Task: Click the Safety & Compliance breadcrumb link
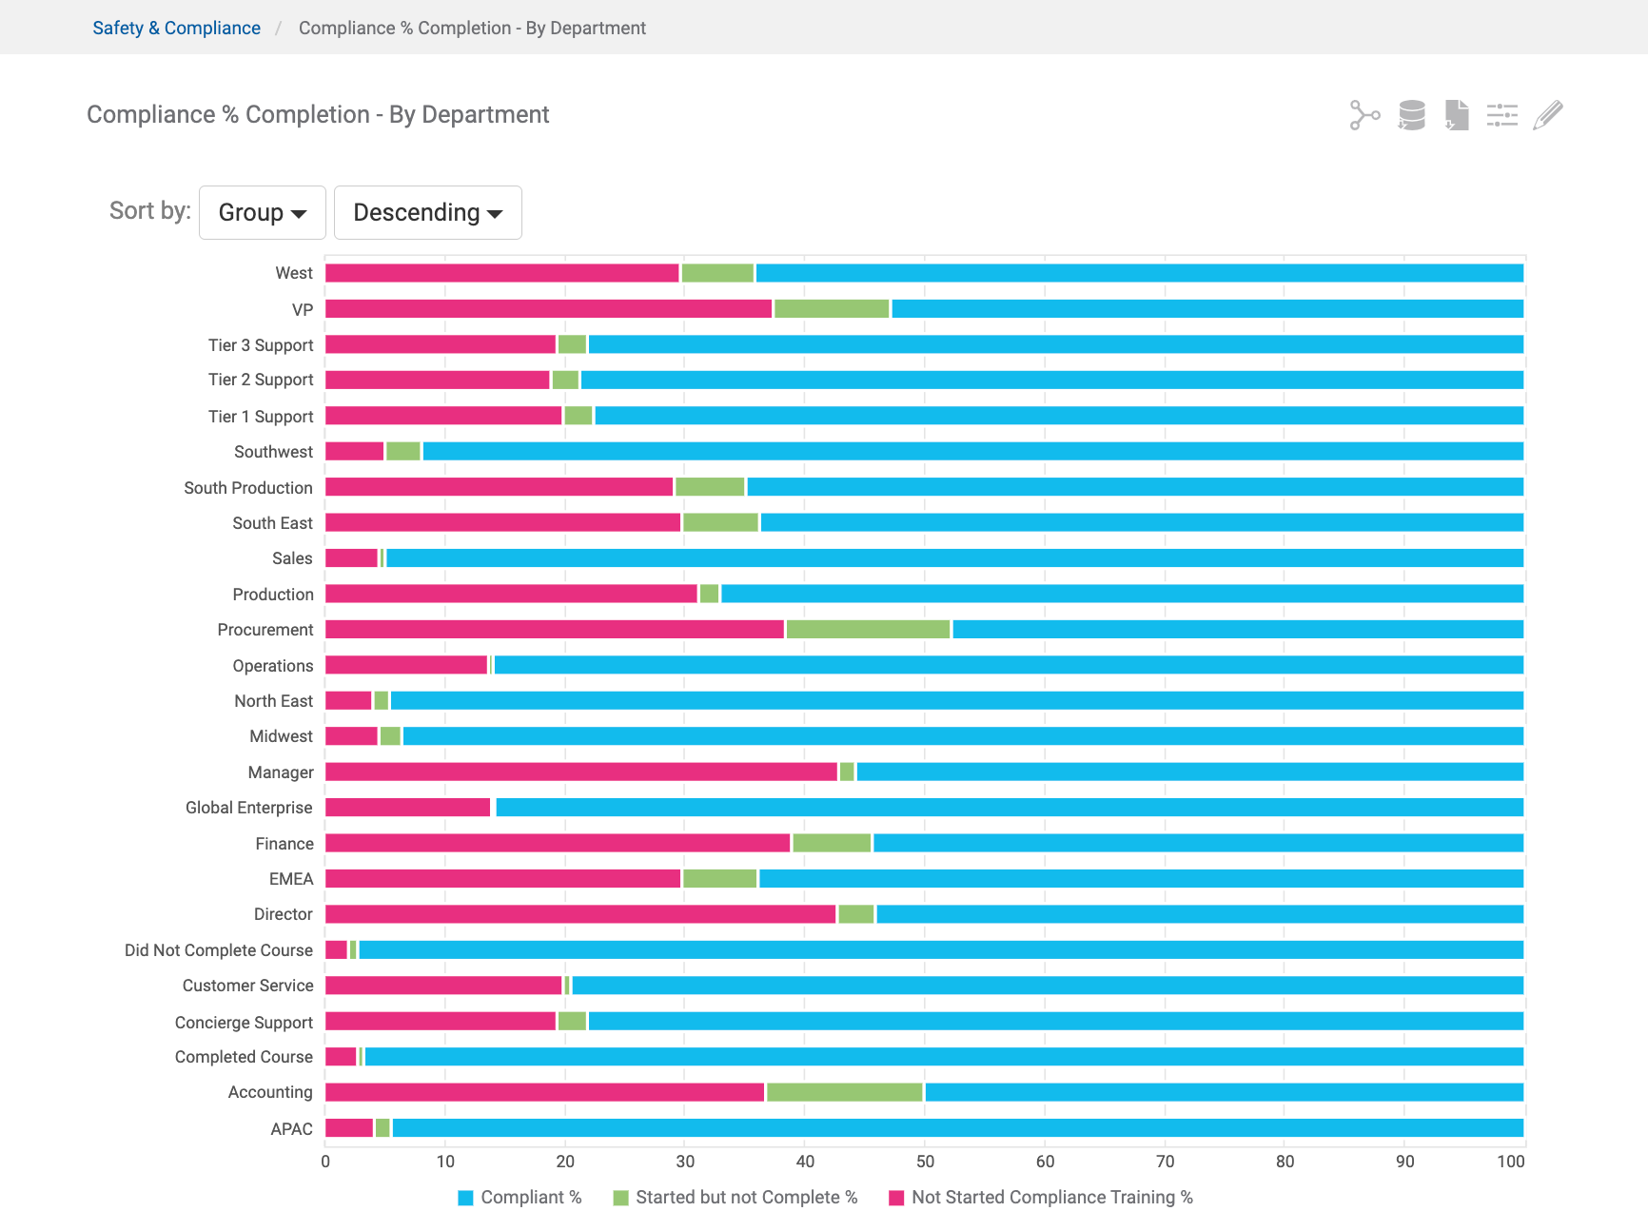[176, 28]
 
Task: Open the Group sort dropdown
[262, 212]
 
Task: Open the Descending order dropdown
[427, 212]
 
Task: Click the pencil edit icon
[1548, 115]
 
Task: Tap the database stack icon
[1411, 115]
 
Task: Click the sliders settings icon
[1501, 115]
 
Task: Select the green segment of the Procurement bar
[868, 629]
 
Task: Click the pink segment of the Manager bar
[580, 772]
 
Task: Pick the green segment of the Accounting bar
[844, 1092]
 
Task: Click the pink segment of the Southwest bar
[354, 451]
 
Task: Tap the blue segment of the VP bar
[1207, 308]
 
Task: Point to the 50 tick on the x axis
[925, 1161]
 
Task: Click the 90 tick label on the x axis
[1404, 1161]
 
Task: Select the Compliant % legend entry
[520, 1198]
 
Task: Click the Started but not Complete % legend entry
[736, 1198]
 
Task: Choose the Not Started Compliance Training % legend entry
[1041, 1198]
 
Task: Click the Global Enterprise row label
[248, 808]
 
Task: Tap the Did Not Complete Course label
[218, 950]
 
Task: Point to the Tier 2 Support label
[260, 380]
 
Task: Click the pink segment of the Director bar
[579, 914]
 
